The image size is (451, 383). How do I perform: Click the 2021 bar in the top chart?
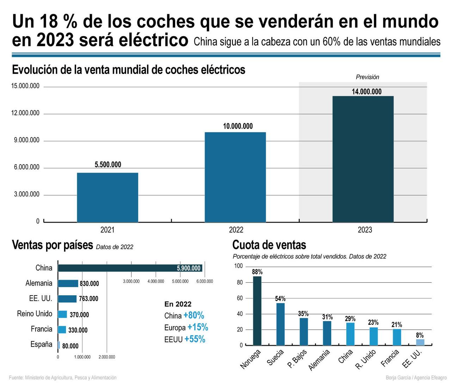coord(107,197)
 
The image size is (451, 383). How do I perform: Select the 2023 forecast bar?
coord(363,159)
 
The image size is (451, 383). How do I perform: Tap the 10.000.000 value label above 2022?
coord(238,126)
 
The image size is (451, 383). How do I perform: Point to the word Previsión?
coord(367,77)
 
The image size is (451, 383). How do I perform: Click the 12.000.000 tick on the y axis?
coord(25,113)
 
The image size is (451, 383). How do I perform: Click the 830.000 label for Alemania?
coord(89,284)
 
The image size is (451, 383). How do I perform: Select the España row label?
coord(41,344)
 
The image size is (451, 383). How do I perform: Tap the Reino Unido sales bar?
coord(62,314)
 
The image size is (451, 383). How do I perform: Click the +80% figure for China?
coord(194,315)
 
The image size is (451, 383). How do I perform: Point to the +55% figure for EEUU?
coord(195,339)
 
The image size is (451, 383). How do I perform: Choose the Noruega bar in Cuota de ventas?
coord(257,310)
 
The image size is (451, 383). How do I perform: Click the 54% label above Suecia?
coord(280,299)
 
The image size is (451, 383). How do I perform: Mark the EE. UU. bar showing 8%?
coord(420,342)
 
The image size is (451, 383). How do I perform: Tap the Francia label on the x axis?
coord(390,358)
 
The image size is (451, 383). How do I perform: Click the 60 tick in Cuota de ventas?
coord(240,298)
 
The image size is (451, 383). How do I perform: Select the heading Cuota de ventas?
coord(269,245)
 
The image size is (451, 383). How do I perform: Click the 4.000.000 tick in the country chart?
coord(156,281)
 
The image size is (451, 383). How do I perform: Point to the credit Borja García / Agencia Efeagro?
coord(416,378)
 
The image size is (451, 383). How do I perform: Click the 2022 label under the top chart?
coord(236,230)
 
